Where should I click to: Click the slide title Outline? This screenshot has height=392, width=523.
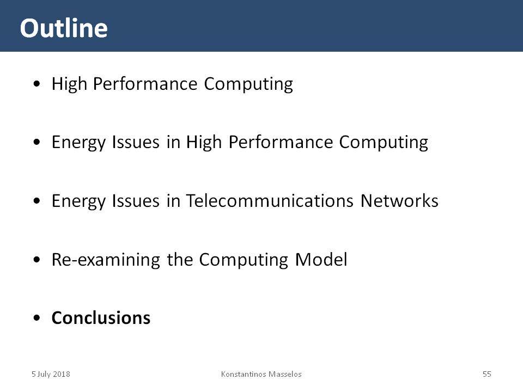coord(64,28)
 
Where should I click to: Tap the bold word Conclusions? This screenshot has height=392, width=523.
coord(101,317)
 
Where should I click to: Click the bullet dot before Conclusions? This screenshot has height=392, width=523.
coord(37,318)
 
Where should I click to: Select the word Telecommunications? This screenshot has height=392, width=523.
coord(270,201)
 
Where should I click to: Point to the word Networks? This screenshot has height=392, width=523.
coord(399,201)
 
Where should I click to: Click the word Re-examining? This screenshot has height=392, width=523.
coord(106,260)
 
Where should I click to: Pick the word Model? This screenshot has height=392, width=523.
coord(321,260)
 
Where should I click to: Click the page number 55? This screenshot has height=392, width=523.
coord(486,374)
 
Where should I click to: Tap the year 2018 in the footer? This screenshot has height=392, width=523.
coord(62,374)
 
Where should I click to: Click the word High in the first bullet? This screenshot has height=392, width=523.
coord(69,84)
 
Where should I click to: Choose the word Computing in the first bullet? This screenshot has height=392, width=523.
coord(248,84)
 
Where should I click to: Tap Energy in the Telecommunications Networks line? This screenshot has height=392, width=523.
coord(78,201)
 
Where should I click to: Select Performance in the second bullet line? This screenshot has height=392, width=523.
coord(281,142)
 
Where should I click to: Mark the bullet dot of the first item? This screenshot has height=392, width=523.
coord(37,84)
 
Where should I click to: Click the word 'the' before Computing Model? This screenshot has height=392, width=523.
coord(180,260)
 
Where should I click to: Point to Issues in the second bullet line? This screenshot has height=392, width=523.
coord(136,142)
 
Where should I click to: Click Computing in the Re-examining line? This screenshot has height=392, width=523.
coord(244,260)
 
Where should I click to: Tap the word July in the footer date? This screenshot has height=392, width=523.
coord(44,374)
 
